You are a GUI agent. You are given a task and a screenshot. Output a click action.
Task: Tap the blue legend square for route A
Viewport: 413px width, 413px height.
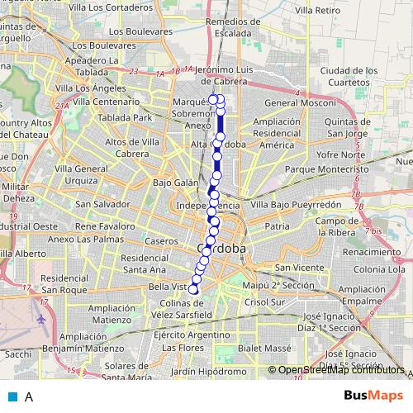(x=13, y=396)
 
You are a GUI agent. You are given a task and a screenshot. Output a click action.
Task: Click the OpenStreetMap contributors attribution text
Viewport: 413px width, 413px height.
(x=340, y=370)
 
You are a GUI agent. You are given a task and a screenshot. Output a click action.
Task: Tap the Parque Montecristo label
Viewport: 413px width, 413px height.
(x=320, y=169)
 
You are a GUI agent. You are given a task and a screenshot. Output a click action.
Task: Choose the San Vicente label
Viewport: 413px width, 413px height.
(x=294, y=268)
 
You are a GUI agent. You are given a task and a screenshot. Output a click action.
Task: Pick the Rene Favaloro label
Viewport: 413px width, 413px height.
(x=104, y=225)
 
